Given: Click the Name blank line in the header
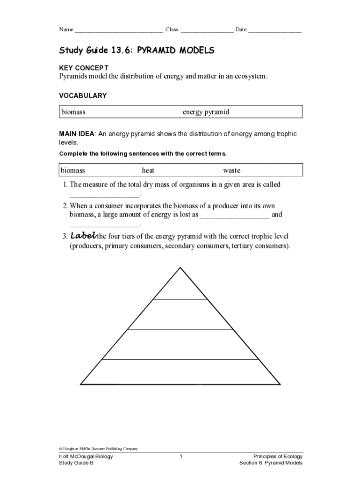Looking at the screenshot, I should point(119,30).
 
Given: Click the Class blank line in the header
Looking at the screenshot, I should point(207,30).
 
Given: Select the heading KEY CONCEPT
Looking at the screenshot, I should point(83,68).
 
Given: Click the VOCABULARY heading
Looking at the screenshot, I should point(83,95).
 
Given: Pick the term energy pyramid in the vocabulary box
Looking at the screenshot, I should point(206,112).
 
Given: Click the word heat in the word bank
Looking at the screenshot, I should point(148,171).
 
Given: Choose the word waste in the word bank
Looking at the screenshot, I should point(231,171).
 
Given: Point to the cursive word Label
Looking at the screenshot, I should point(83,236).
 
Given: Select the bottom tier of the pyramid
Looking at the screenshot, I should point(180,372).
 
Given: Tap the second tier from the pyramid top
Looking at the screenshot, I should point(180,314).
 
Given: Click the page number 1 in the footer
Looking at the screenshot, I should point(180,457).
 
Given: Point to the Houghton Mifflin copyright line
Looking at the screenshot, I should point(98,449).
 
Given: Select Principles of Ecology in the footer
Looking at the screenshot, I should point(278,457).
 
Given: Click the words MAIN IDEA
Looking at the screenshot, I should point(77,134).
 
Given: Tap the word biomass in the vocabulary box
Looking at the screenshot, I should point(73,112).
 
